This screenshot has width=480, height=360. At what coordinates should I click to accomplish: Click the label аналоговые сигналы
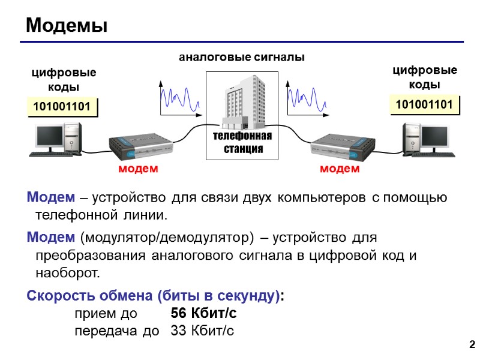(x=242, y=58)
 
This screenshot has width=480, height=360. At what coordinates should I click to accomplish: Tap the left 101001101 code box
(x=62, y=107)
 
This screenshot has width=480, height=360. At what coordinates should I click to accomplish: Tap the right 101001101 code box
(x=424, y=105)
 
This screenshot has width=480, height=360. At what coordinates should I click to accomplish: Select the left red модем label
(x=138, y=169)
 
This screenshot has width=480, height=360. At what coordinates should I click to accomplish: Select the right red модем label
(x=340, y=169)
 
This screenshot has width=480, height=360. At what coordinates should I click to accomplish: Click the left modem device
(x=140, y=146)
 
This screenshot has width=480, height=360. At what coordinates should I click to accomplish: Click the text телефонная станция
(x=242, y=142)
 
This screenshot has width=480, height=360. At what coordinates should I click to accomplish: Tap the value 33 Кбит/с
(x=202, y=331)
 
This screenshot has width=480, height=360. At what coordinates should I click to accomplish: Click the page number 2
(x=471, y=344)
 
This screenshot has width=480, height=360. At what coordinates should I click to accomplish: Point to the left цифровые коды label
(x=64, y=80)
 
